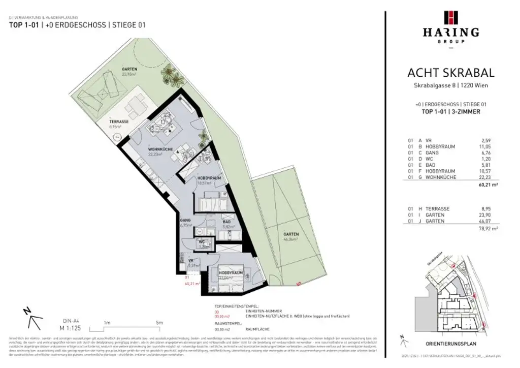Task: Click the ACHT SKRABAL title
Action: click(x=451, y=73)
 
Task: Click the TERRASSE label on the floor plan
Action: click(x=120, y=123)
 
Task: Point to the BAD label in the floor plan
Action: click(x=226, y=223)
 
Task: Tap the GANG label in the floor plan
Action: click(x=185, y=220)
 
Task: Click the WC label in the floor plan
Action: click(x=202, y=242)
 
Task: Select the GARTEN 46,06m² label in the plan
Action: click(x=291, y=234)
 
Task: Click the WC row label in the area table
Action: click(x=429, y=159)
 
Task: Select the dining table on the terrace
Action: click(x=136, y=107)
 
